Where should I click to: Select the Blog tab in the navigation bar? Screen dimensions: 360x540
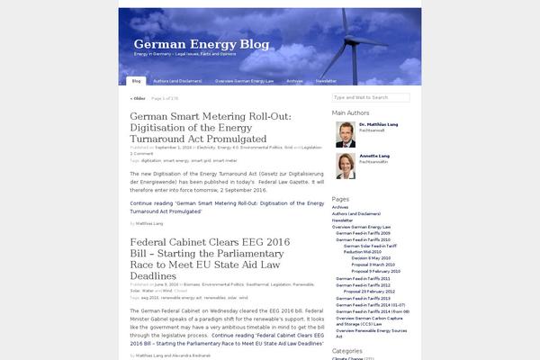point(137,81)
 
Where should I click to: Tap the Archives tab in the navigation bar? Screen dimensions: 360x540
point(294,81)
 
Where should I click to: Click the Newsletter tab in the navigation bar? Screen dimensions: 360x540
point(326,81)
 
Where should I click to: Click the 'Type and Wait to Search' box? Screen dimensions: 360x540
point(370,97)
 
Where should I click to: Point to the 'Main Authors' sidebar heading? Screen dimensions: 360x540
point(351,112)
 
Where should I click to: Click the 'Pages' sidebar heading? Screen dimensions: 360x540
point(340,198)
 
